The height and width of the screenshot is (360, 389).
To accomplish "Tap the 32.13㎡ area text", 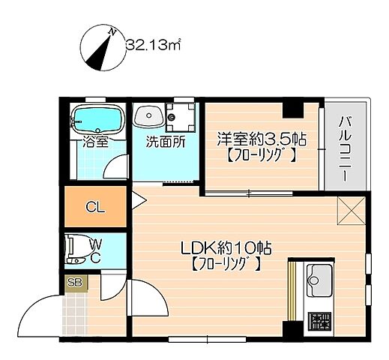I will (x=154, y=45).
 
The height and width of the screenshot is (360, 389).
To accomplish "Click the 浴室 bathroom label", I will (x=94, y=139).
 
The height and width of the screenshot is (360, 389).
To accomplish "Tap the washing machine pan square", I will (x=180, y=118).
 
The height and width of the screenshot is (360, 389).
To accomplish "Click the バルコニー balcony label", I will (x=344, y=147).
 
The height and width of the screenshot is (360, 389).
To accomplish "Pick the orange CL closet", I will (x=95, y=208).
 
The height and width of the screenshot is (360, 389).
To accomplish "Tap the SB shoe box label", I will (x=74, y=283).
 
